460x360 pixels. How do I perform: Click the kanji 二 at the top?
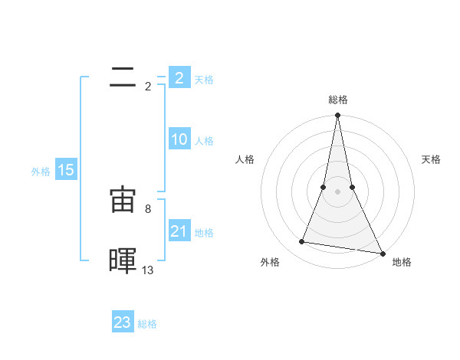123,77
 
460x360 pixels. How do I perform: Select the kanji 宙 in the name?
123,200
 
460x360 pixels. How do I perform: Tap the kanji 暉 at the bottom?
123,260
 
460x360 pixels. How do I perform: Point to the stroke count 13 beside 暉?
148,270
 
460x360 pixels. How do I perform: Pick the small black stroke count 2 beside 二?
148,86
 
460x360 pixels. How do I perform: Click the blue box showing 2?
179,77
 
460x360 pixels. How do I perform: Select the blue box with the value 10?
179,139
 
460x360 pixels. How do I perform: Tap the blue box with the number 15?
66,170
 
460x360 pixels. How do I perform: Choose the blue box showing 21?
179,231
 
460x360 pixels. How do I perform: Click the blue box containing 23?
123,322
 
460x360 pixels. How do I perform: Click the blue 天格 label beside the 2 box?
204,79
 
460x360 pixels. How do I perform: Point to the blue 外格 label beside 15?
41,172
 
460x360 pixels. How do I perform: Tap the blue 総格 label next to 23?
147,324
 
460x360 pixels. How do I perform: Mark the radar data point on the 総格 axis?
337,116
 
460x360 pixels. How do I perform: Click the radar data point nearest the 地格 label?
382,252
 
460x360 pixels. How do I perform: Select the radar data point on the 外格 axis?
302,242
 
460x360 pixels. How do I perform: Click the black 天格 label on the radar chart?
432,159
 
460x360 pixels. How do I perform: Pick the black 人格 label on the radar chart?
245,159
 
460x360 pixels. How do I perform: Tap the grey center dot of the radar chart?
337,191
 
